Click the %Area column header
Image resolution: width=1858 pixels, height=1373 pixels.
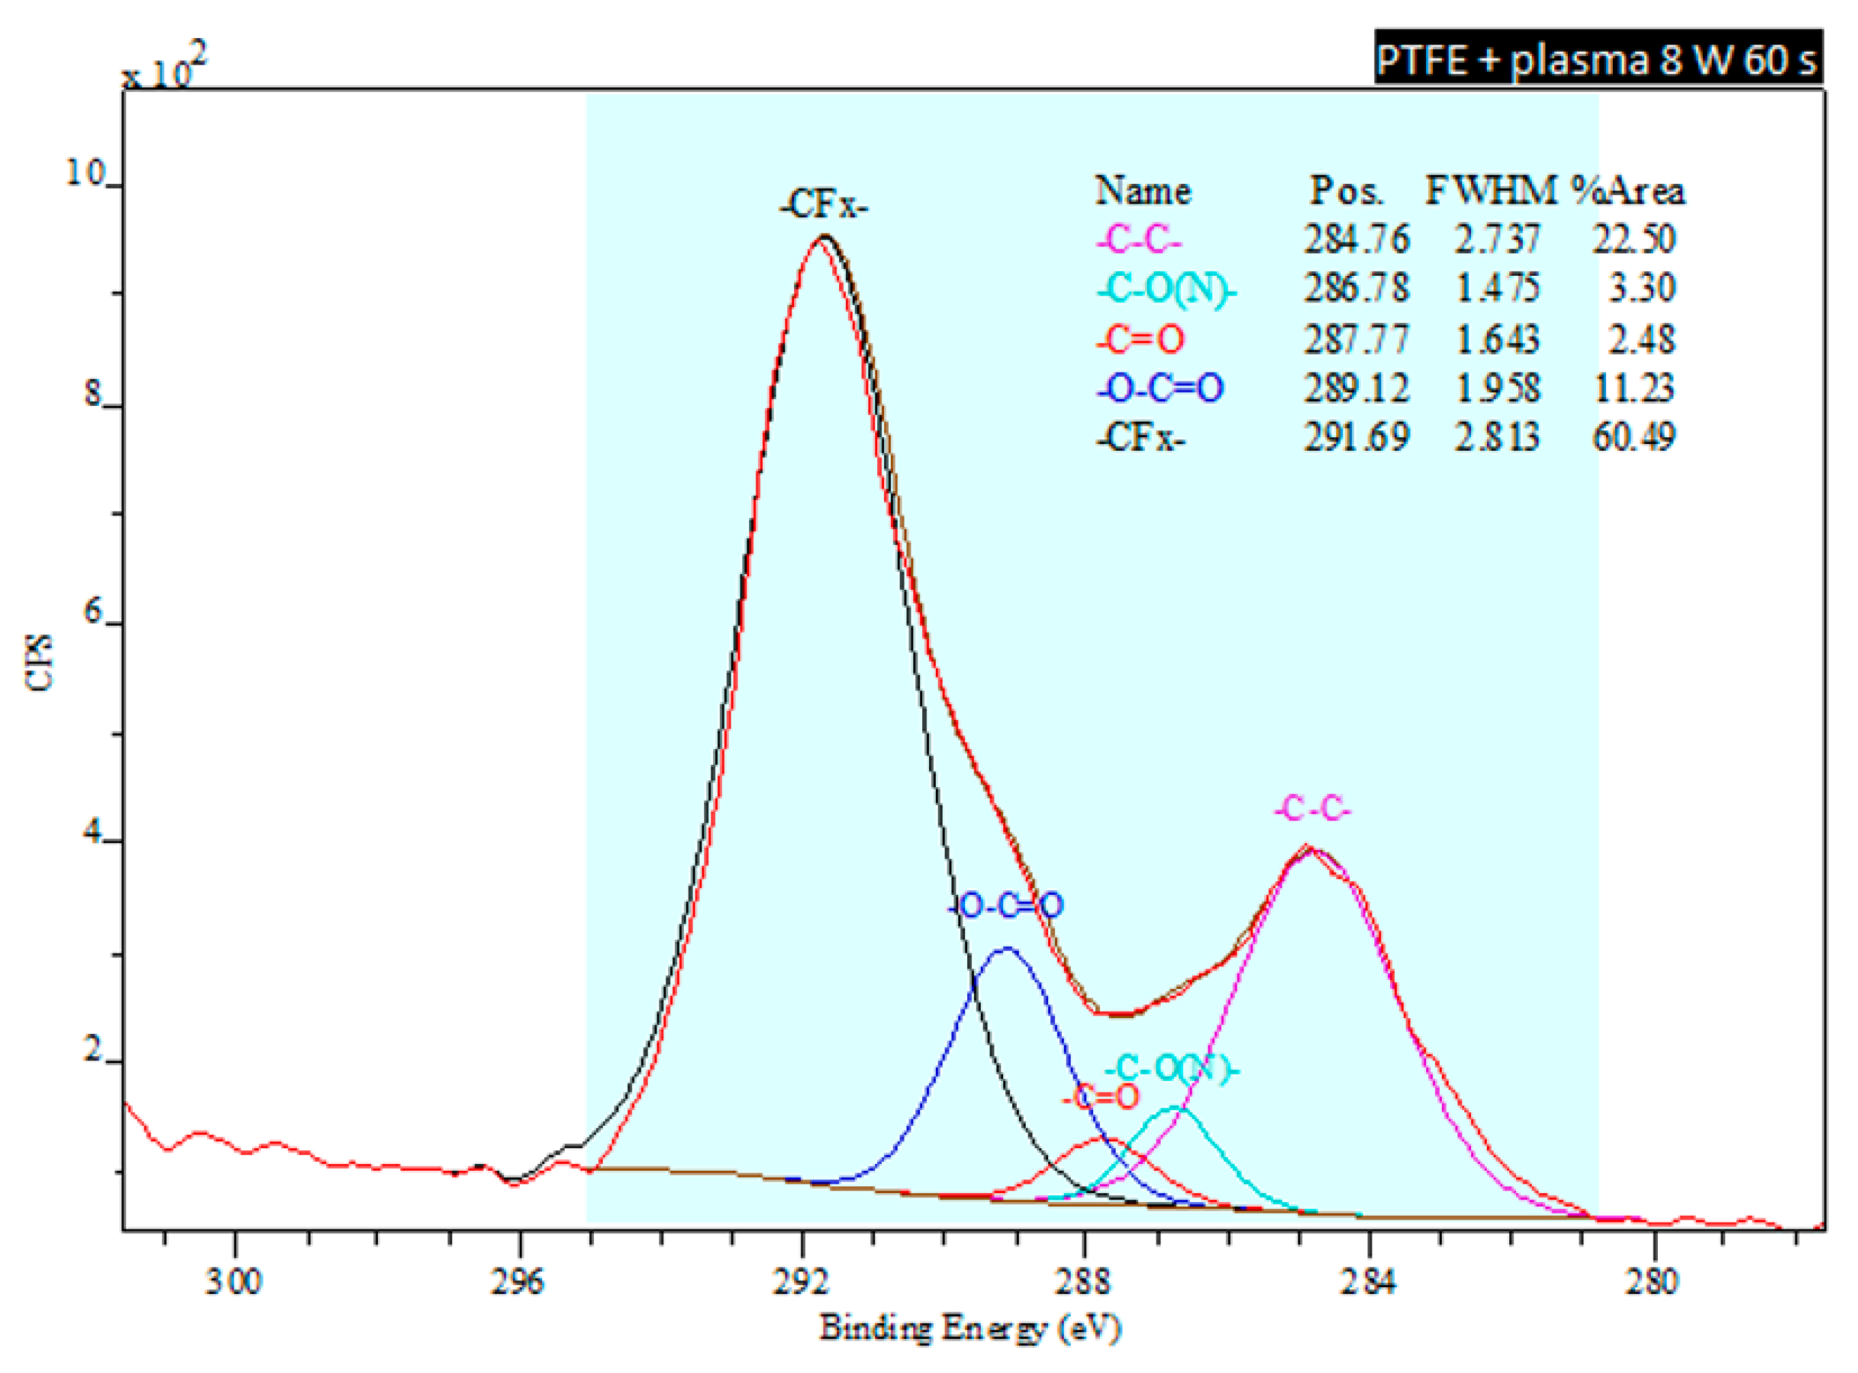point(1628,191)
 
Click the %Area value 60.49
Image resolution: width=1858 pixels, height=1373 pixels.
point(1633,437)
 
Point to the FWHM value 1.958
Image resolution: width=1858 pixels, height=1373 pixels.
point(1496,388)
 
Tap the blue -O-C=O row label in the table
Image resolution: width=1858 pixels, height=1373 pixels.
point(1159,388)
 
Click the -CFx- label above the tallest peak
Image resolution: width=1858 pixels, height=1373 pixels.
point(823,204)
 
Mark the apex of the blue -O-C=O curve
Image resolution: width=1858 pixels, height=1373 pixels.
point(1006,948)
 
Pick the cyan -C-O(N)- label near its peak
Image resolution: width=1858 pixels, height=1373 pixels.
point(1171,1069)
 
